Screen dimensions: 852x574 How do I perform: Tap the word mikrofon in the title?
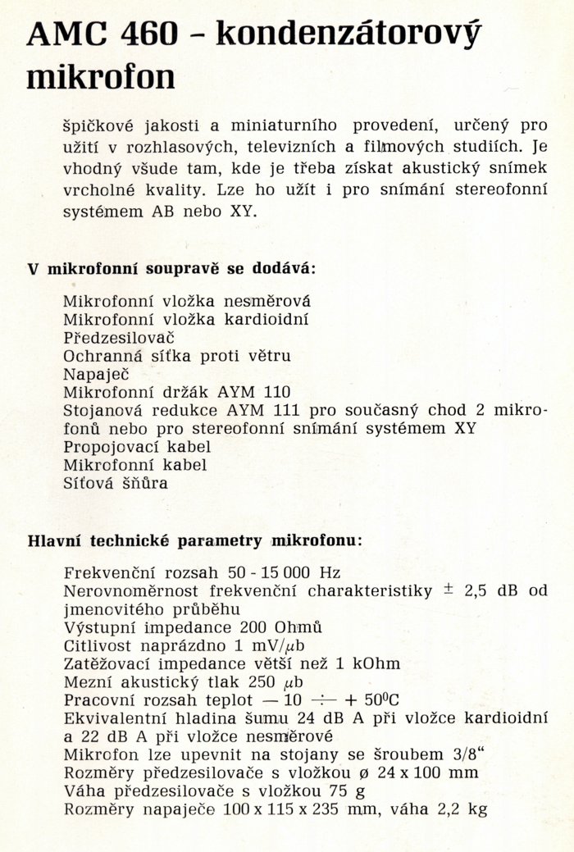101,77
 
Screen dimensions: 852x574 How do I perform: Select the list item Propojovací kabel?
137,447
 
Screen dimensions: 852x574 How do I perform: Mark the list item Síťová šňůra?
116,483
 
